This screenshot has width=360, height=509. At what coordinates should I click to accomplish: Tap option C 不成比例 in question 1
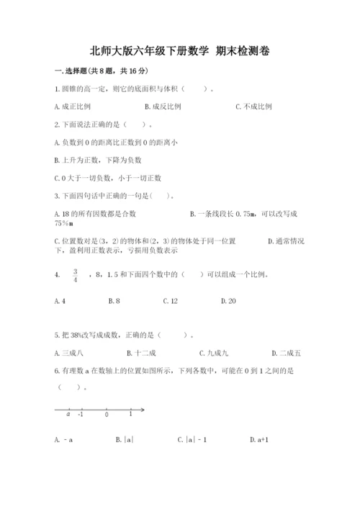(253, 106)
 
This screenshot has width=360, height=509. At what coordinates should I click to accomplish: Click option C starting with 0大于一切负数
(108, 177)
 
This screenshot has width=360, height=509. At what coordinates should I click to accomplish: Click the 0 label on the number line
(107, 415)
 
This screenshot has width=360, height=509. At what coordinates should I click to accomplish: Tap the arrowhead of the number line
(143, 410)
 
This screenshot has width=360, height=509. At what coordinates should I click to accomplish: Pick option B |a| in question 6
(125, 438)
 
